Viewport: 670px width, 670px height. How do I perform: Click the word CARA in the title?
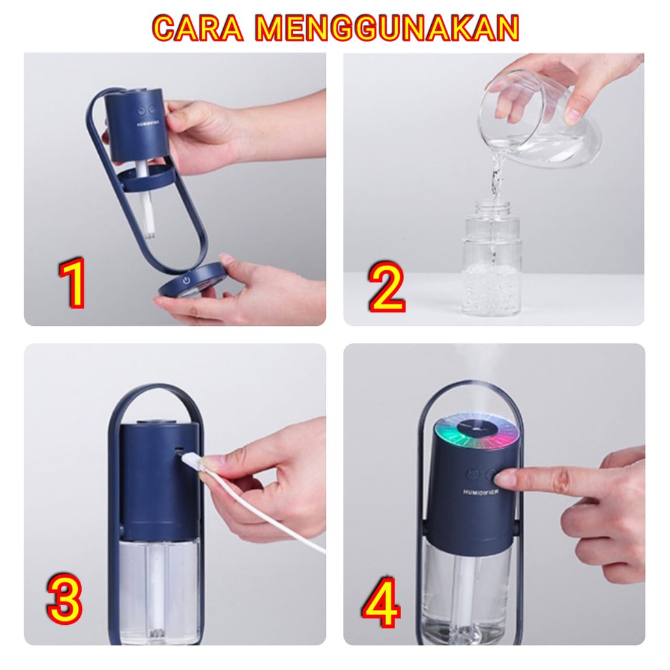point(198,28)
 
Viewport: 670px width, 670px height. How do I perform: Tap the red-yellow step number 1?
point(73,283)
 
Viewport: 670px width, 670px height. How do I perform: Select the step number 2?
point(386,287)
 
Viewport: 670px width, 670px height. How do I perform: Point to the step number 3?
point(64,599)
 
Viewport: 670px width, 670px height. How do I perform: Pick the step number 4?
point(381,603)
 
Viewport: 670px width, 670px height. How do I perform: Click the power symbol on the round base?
point(186,281)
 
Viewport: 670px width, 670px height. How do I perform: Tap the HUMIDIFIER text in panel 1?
point(147,124)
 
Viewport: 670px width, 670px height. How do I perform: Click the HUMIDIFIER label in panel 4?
point(481,492)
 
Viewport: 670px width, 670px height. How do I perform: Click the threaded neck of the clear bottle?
point(493,211)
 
